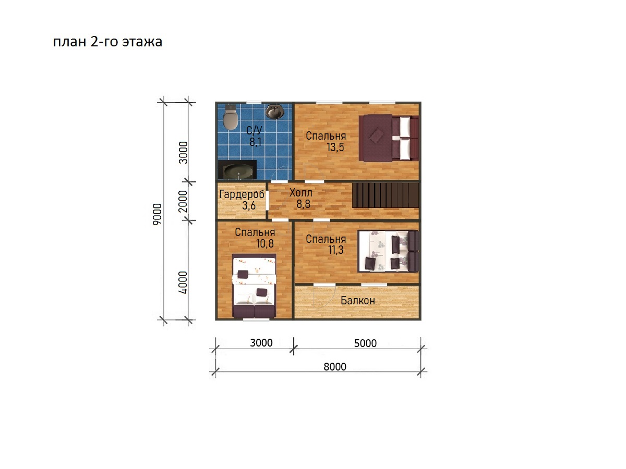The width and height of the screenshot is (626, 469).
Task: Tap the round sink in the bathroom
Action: coord(274,111)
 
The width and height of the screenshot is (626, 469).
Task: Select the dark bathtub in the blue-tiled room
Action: coord(237,170)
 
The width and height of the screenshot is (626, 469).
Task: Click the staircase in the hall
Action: coord(386,195)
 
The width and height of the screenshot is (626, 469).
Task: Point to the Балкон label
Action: coord(358,301)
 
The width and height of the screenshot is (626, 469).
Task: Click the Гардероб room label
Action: coord(242,194)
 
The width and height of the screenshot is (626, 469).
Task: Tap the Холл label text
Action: coord(301,193)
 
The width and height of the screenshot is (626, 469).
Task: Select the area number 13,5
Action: coord(335,147)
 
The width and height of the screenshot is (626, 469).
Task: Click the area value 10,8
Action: coord(265,244)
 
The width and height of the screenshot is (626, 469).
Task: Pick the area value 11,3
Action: coord(335,250)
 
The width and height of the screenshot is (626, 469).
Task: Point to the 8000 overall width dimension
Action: coord(335,367)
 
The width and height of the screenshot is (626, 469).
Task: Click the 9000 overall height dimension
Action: coord(157,214)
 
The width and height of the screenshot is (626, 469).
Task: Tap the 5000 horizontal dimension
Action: coord(365,343)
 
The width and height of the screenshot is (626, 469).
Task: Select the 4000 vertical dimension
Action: coord(183,282)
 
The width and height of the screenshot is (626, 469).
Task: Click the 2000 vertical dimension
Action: coord(183,201)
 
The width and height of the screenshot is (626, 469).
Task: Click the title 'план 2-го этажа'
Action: coord(108,42)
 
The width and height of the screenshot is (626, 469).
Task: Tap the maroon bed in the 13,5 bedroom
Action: coord(389,138)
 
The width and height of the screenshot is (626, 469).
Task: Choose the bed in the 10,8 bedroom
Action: coord(254,286)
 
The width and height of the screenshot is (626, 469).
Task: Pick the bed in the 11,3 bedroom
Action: coord(389,251)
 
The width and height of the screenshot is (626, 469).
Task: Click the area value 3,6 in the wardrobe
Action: coord(249,205)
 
